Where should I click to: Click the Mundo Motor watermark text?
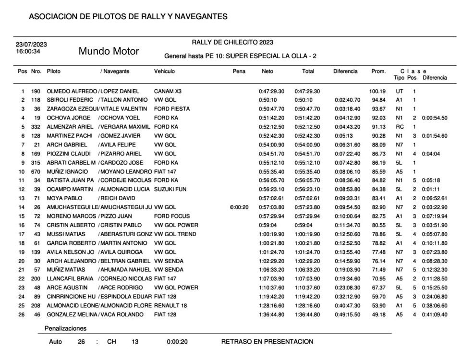(x=109, y=51)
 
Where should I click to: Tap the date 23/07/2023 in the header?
(x=31, y=45)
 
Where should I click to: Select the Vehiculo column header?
(x=164, y=72)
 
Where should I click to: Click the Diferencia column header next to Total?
(x=345, y=72)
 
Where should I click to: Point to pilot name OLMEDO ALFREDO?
(x=72, y=91)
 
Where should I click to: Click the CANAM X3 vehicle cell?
(x=167, y=91)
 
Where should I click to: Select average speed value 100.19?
(x=377, y=91)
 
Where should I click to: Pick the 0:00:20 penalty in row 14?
(x=239, y=207)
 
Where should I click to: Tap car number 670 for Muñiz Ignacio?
(x=36, y=171)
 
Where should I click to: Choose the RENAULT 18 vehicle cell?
(x=170, y=305)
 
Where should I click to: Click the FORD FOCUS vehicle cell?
(x=172, y=216)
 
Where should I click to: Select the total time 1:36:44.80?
(x=308, y=314)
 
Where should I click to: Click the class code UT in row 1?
(x=399, y=91)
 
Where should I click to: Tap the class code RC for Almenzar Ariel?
(x=399, y=127)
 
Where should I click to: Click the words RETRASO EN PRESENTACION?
(x=267, y=342)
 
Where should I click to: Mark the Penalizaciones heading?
(x=65, y=329)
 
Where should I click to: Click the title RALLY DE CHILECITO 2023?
(x=232, y=42)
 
